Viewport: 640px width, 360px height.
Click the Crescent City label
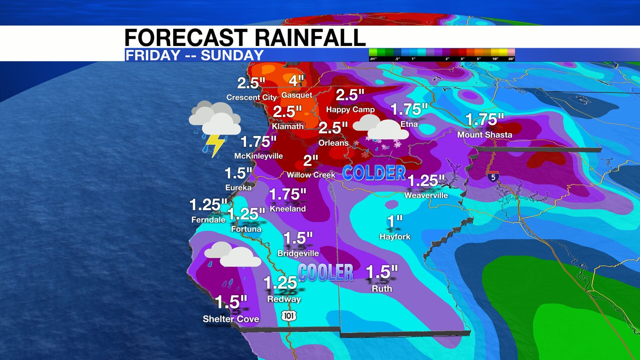(x=251, y=97)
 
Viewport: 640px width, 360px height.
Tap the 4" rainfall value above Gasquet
(x=296, y=81)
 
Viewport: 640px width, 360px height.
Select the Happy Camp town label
(x=350, y=109)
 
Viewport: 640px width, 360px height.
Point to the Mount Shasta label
(x=484, y=135)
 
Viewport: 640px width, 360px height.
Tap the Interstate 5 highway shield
(x=493, y=177)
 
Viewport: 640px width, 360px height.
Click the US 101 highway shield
(x=289, y=316)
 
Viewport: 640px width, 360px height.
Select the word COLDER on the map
(x=374, y=173)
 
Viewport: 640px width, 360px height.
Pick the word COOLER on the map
(x=325, y=272)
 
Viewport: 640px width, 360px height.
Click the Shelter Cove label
(x=231, y=319)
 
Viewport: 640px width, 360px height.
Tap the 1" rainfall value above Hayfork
(x=395, y=221)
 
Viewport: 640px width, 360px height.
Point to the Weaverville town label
(x=426, y=195)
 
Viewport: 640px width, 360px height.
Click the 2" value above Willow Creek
(x=310, y=161)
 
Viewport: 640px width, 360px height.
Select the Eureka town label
(x=238, y=188)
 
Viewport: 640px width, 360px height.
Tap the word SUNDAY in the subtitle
(x=232, y=55)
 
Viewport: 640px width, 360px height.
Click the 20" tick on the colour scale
(x=511, y=59)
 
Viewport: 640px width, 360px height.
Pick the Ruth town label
(x=382, y=289)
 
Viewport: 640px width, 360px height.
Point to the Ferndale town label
(x=208, y=220)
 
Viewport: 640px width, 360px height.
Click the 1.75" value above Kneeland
(x=287, y=194)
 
